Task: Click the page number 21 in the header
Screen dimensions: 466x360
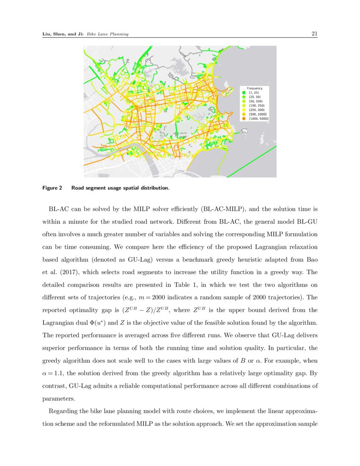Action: [x=314, y=34]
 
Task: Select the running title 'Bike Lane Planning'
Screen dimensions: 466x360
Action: [x=108, y=34]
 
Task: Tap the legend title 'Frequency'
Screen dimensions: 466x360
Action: [x=255, y=88]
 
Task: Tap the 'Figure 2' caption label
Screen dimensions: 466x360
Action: [x=52, y=187]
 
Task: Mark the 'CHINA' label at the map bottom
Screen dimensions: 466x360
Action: [x=180, y=171]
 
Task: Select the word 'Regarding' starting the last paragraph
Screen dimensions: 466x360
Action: [x=64, y=411]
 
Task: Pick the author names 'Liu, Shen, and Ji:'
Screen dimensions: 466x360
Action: [x=63, y=34]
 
